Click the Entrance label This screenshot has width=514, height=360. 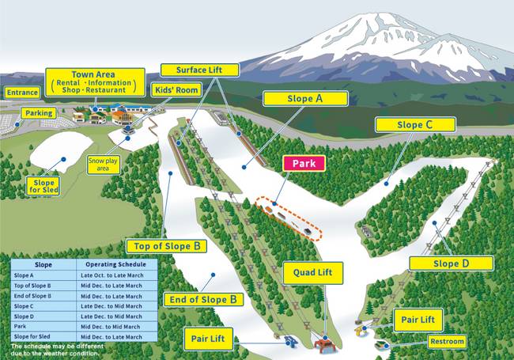(x=21, y=93)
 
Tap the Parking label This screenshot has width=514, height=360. (x=38, y=113)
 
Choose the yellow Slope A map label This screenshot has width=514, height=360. (x=305, y=99)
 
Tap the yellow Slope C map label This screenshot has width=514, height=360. (x=415, y=124)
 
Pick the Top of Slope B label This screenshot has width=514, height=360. (x=165, y=245)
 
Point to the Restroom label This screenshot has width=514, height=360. (x=446, y=342)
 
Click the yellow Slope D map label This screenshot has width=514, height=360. (x=451, y=263)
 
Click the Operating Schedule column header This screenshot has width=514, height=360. (x=112, y=263)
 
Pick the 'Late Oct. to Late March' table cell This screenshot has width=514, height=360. (x=112, y=275)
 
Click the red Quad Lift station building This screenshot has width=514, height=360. (x=323, y=344)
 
